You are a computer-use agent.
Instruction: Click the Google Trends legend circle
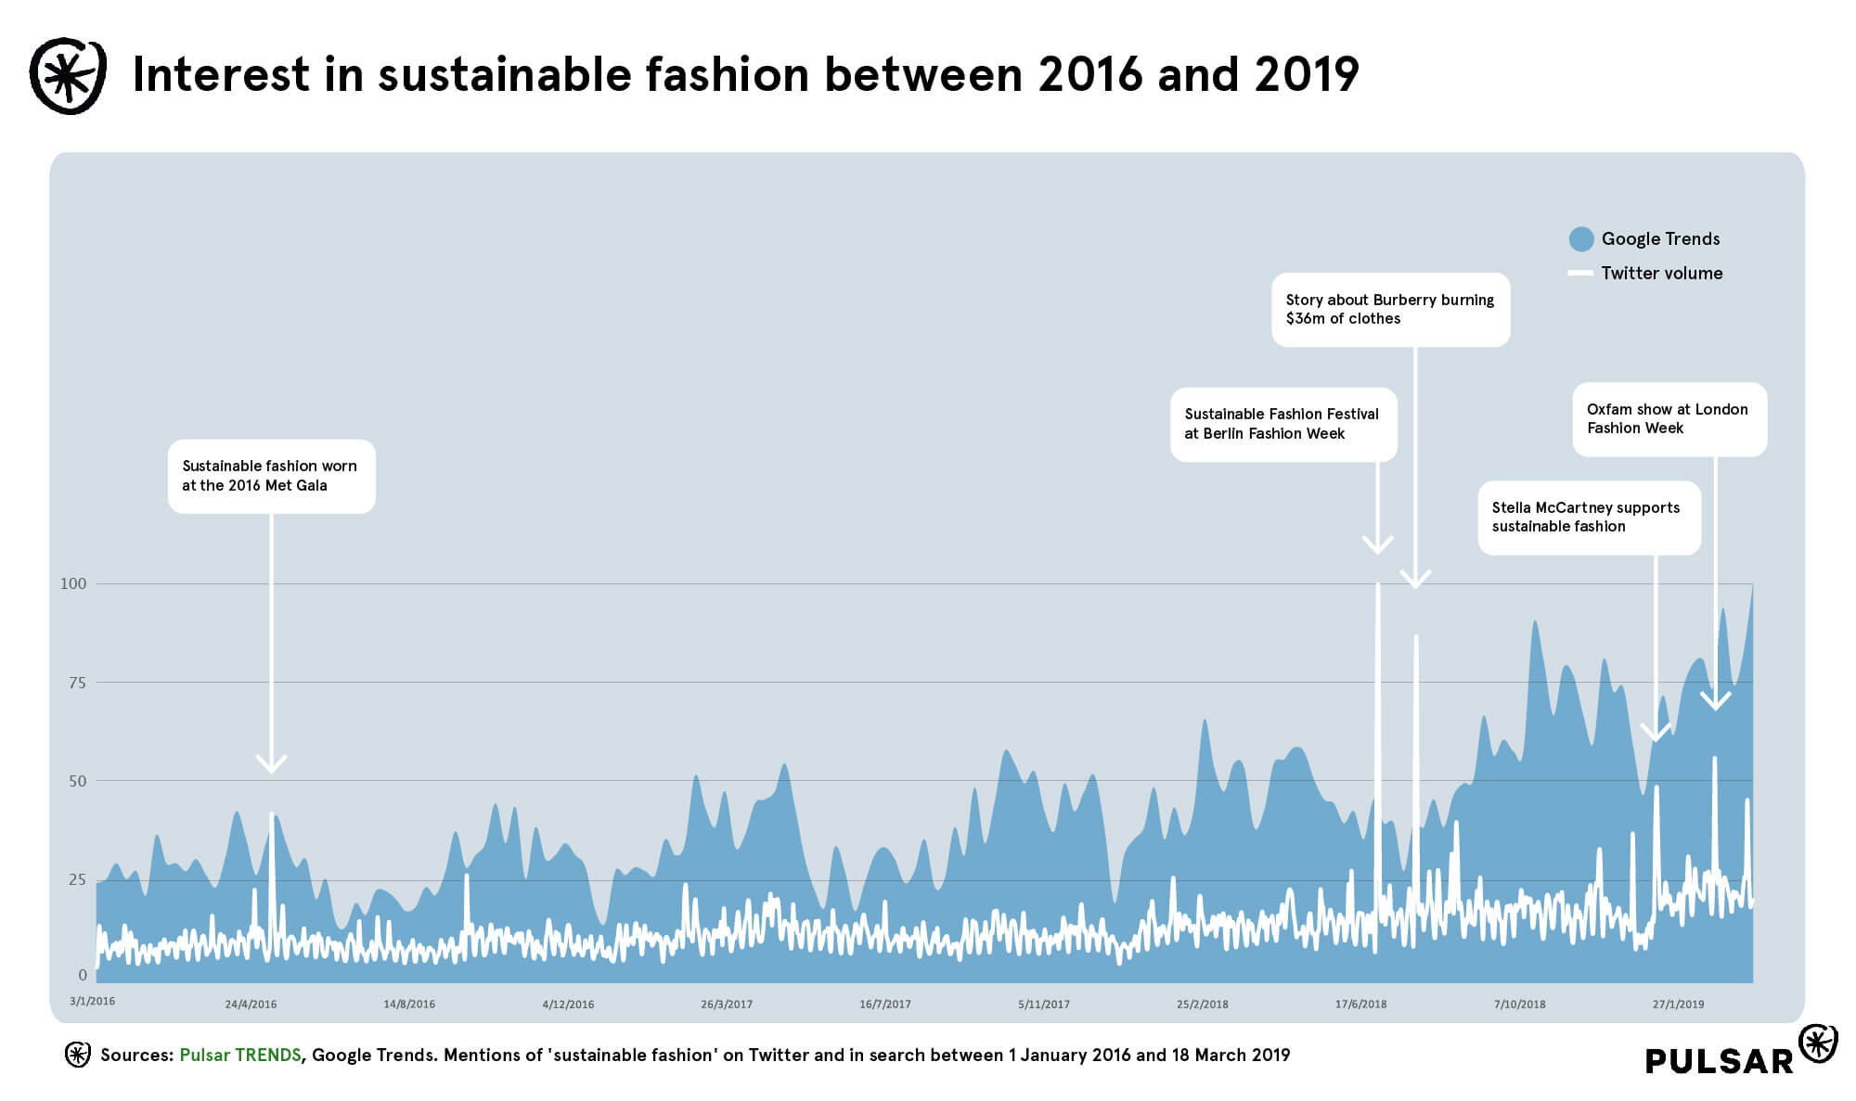(1581, 239)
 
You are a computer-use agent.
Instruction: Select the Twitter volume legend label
(1661, 274)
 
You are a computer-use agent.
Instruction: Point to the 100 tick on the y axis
(73, 583)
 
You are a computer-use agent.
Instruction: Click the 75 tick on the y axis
(77, 683)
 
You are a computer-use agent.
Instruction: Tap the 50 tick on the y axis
(77, 781)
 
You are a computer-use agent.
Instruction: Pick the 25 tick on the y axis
(77, 879)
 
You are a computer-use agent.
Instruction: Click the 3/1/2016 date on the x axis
(93, 1002)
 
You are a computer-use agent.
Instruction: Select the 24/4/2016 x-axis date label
(251, 1005)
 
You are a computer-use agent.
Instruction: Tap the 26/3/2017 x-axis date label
(727, 1005)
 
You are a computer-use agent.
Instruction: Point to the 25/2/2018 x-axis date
(1203, 1005)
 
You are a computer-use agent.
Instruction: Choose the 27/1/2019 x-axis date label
(1678, 1005)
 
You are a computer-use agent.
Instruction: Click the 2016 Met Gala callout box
(271, 476)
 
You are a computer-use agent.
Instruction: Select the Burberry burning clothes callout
(1390, 310)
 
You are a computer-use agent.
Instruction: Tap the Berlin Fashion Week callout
(1283, 424)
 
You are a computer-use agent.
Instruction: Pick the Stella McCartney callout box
(1589, 518)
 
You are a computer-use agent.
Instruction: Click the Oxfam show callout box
(1669, 419)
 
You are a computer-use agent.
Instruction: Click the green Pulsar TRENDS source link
(240, 1056)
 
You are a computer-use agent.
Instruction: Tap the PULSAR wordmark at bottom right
(1720, 1061)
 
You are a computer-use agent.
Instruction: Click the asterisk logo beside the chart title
(67, 76)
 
